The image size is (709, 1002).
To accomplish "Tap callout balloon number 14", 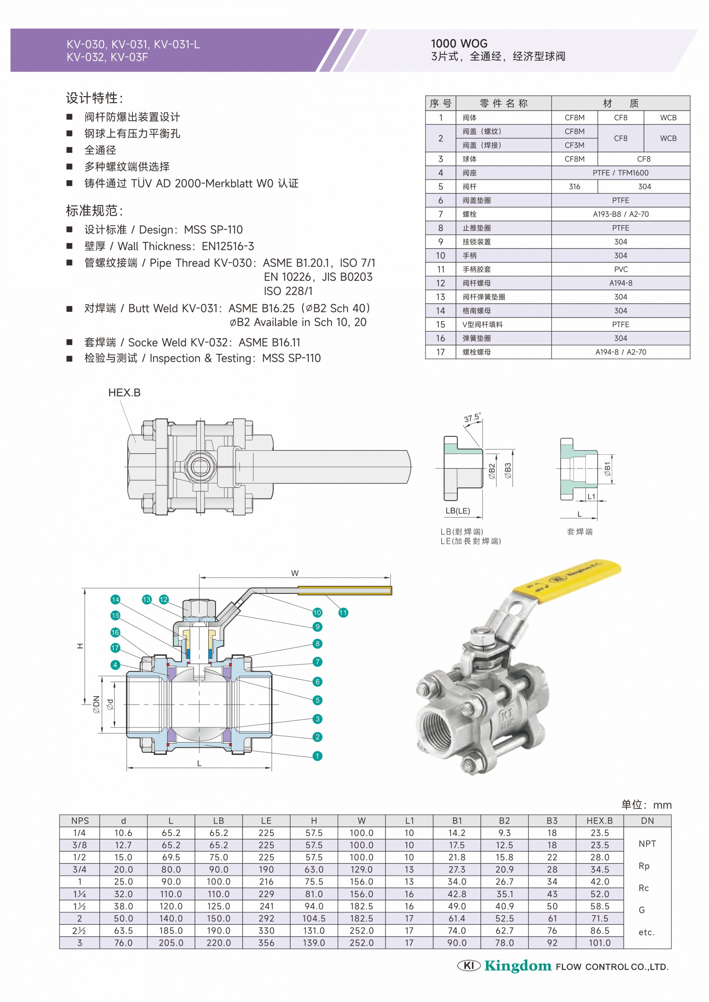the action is (115, 599).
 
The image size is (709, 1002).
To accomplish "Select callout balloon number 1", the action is (317, 756).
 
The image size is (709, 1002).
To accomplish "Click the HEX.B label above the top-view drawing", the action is (124, 393).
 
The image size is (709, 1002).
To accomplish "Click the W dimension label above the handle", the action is (295, 573).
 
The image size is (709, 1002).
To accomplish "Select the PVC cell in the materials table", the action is (621, 269).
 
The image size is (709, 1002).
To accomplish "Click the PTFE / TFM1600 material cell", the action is (620, 173).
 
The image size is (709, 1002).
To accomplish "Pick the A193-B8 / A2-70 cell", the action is (620, 214).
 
